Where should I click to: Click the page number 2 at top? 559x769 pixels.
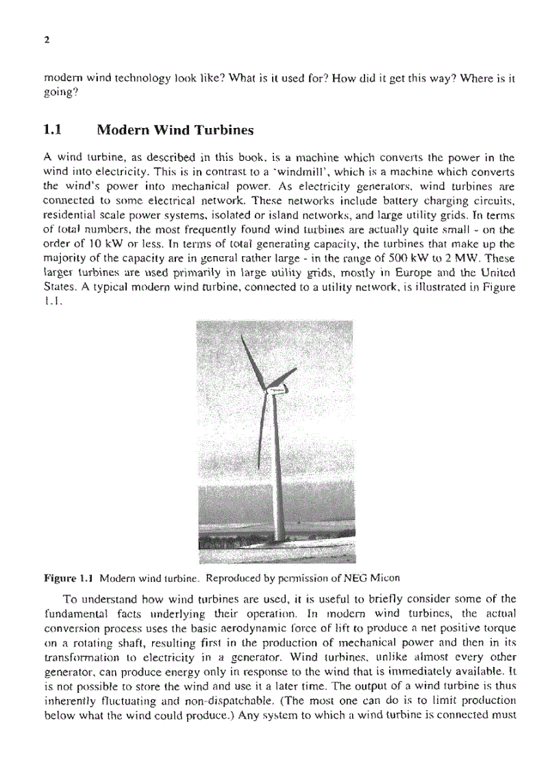[x=46, y=40]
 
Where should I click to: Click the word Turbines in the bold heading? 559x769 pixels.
[x=221, y=129]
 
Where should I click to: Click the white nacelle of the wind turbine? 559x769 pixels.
[x=277, y=390]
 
